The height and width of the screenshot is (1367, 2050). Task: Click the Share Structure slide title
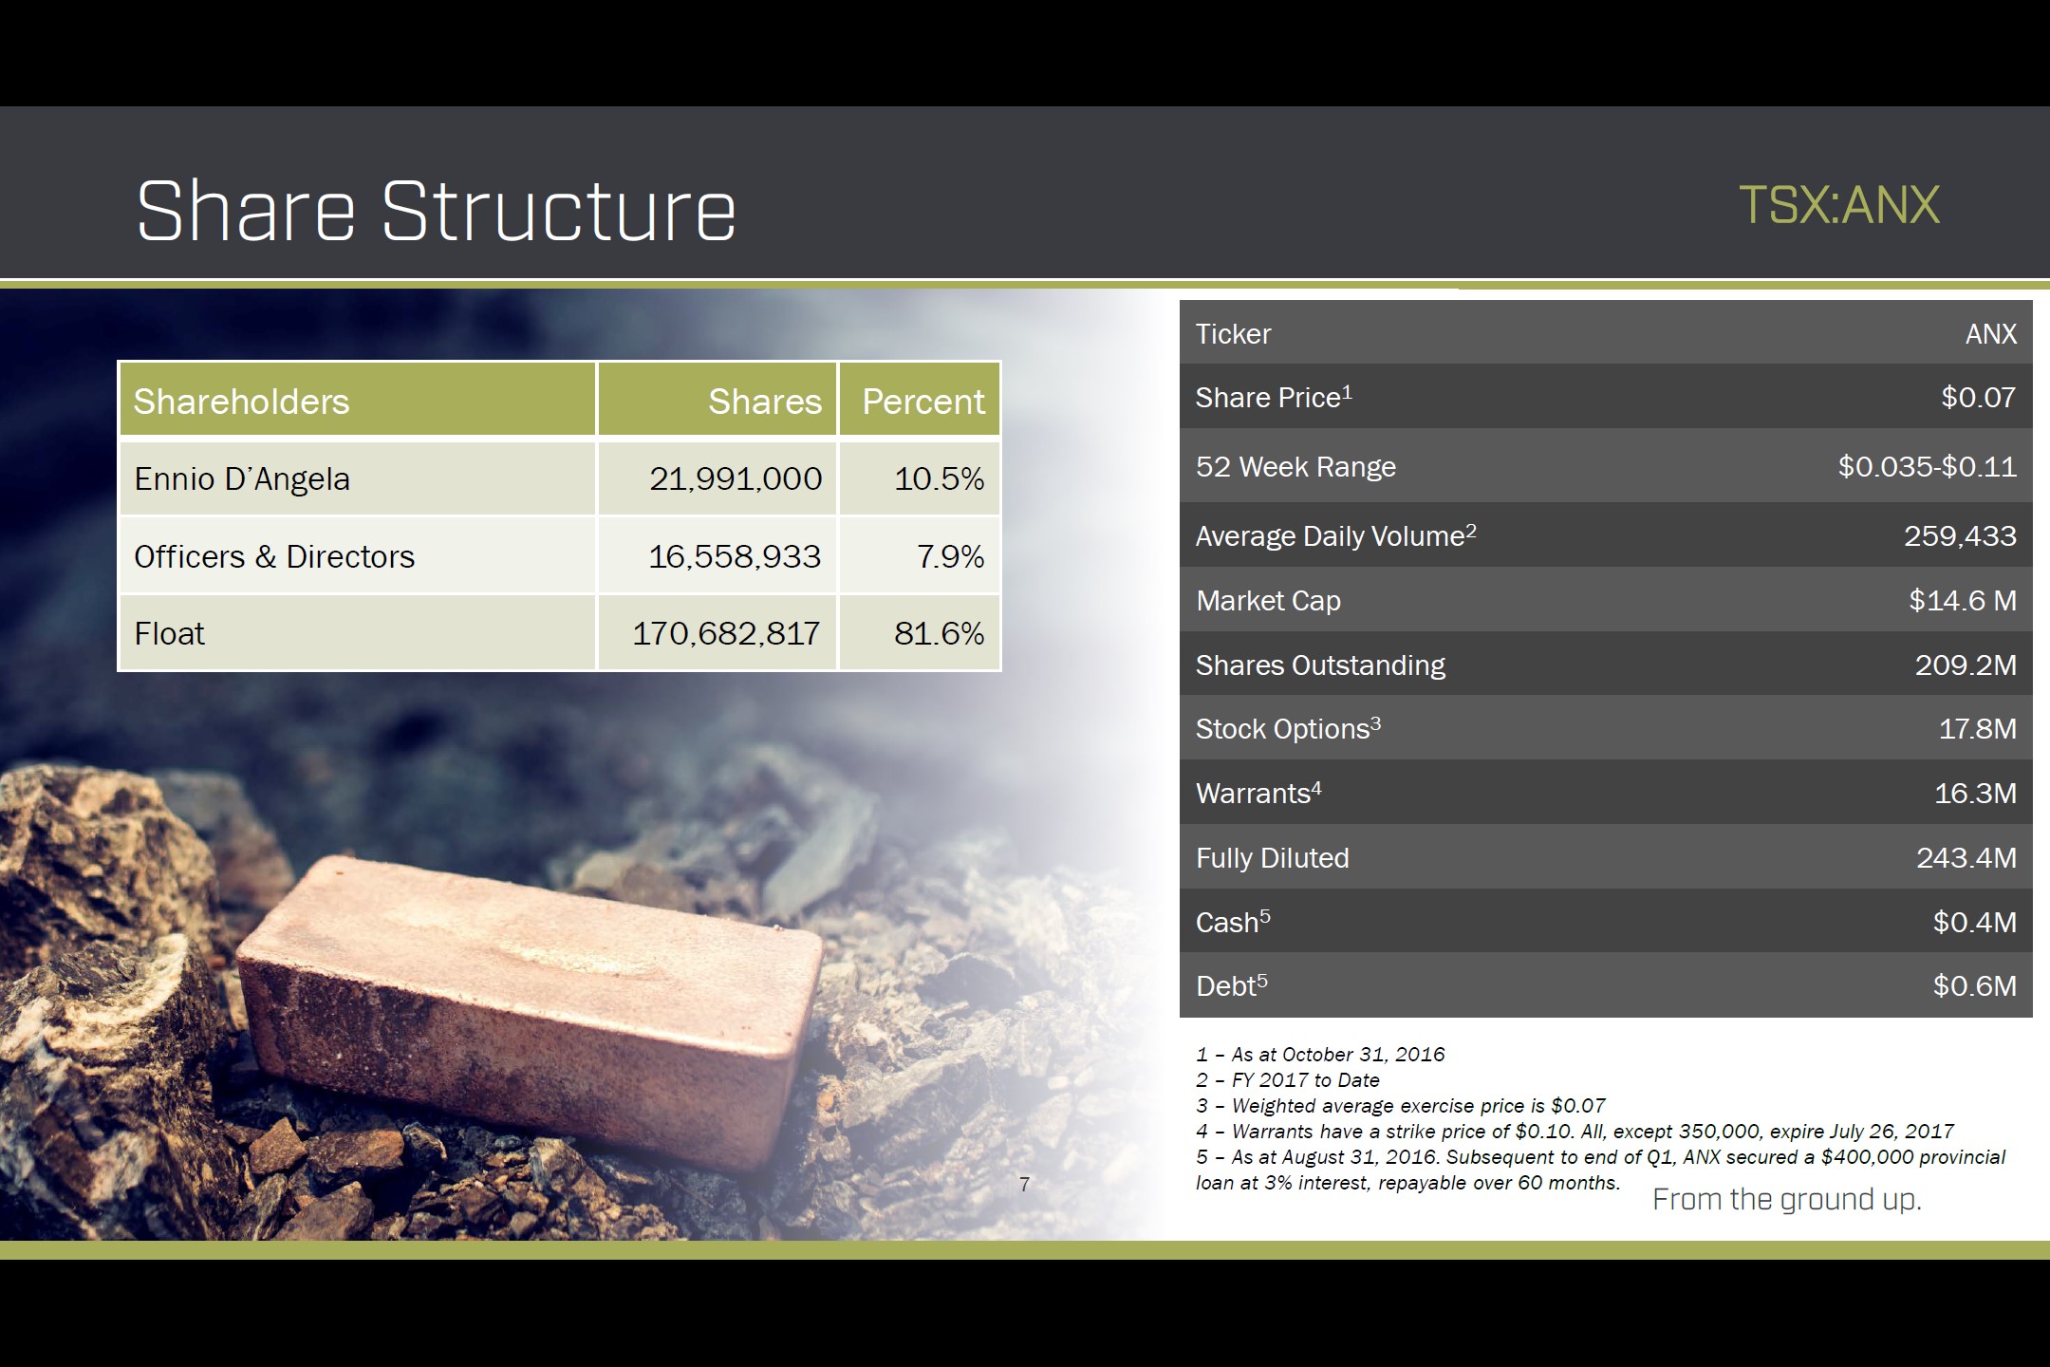click(x=436, y=211)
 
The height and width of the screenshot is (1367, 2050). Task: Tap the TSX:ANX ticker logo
click(x=1838, y=205)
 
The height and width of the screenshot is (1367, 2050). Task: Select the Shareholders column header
click(x=241, y=402)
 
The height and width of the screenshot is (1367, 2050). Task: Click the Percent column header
click(x=922, y=402)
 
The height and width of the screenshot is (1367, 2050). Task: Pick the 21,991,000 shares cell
click(x=736, y=478)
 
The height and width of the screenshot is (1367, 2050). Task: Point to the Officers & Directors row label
click(x=274, y=556)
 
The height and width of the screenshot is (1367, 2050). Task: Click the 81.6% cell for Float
click(x=939, y=633)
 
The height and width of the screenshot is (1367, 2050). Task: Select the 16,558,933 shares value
click(x=735, y=556)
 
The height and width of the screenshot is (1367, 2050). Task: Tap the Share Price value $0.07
click(x=1978, y=397)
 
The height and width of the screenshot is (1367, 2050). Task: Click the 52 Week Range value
click(x=1927, y=466)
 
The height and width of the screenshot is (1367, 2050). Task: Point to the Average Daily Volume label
click(x=1335, y=535)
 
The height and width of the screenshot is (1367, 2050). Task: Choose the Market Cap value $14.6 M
click(x=1963, y=600)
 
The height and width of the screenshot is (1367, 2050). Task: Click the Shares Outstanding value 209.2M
click(x=1966, y=665)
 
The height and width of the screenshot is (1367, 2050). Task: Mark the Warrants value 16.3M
click(x=1975, y=793)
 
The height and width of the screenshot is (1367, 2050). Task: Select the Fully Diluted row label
click(x=1272, y=858)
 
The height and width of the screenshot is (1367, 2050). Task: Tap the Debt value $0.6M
click(x=1975, y=985)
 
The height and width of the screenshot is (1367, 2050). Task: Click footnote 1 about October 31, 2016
click(x=1320, y=1054)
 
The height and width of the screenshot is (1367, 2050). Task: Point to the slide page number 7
click(x=1024, y=1184)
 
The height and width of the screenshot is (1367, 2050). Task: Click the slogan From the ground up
click(x=1786, y=1200)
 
